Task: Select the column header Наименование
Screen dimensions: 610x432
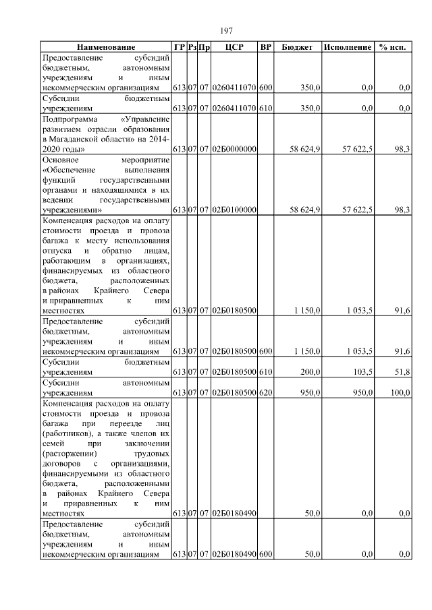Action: (105, 48)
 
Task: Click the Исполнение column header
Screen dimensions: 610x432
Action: (347, 48)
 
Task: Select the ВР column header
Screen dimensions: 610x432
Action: (265, 48)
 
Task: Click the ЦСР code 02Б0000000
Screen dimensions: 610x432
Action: (234, 148)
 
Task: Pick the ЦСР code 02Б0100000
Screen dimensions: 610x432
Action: (234, 210)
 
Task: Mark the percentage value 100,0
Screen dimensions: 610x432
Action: (400, 391)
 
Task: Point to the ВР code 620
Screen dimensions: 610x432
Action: (265, 391)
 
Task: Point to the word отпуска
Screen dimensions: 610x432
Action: (57, 251)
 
